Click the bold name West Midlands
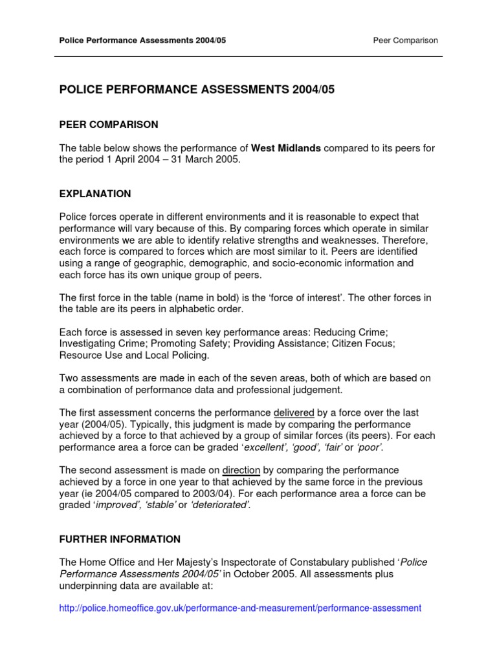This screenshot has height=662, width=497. [x=285, y=148]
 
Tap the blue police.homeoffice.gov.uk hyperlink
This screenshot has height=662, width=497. [x=240, y=608]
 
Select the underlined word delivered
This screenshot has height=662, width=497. [x=294, y=412]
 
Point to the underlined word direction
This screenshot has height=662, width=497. [x=241, y=470]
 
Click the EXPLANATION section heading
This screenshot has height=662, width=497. [x=95, y=194]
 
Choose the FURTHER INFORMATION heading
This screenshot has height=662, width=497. [x=120, y=539]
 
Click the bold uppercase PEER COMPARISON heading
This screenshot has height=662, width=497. [x=109, y=125]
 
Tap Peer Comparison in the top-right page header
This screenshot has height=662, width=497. [x=406, y=40]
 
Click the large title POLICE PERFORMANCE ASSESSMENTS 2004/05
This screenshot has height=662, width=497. [x=197, y=91]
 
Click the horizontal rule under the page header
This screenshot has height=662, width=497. [x=248, y=56]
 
